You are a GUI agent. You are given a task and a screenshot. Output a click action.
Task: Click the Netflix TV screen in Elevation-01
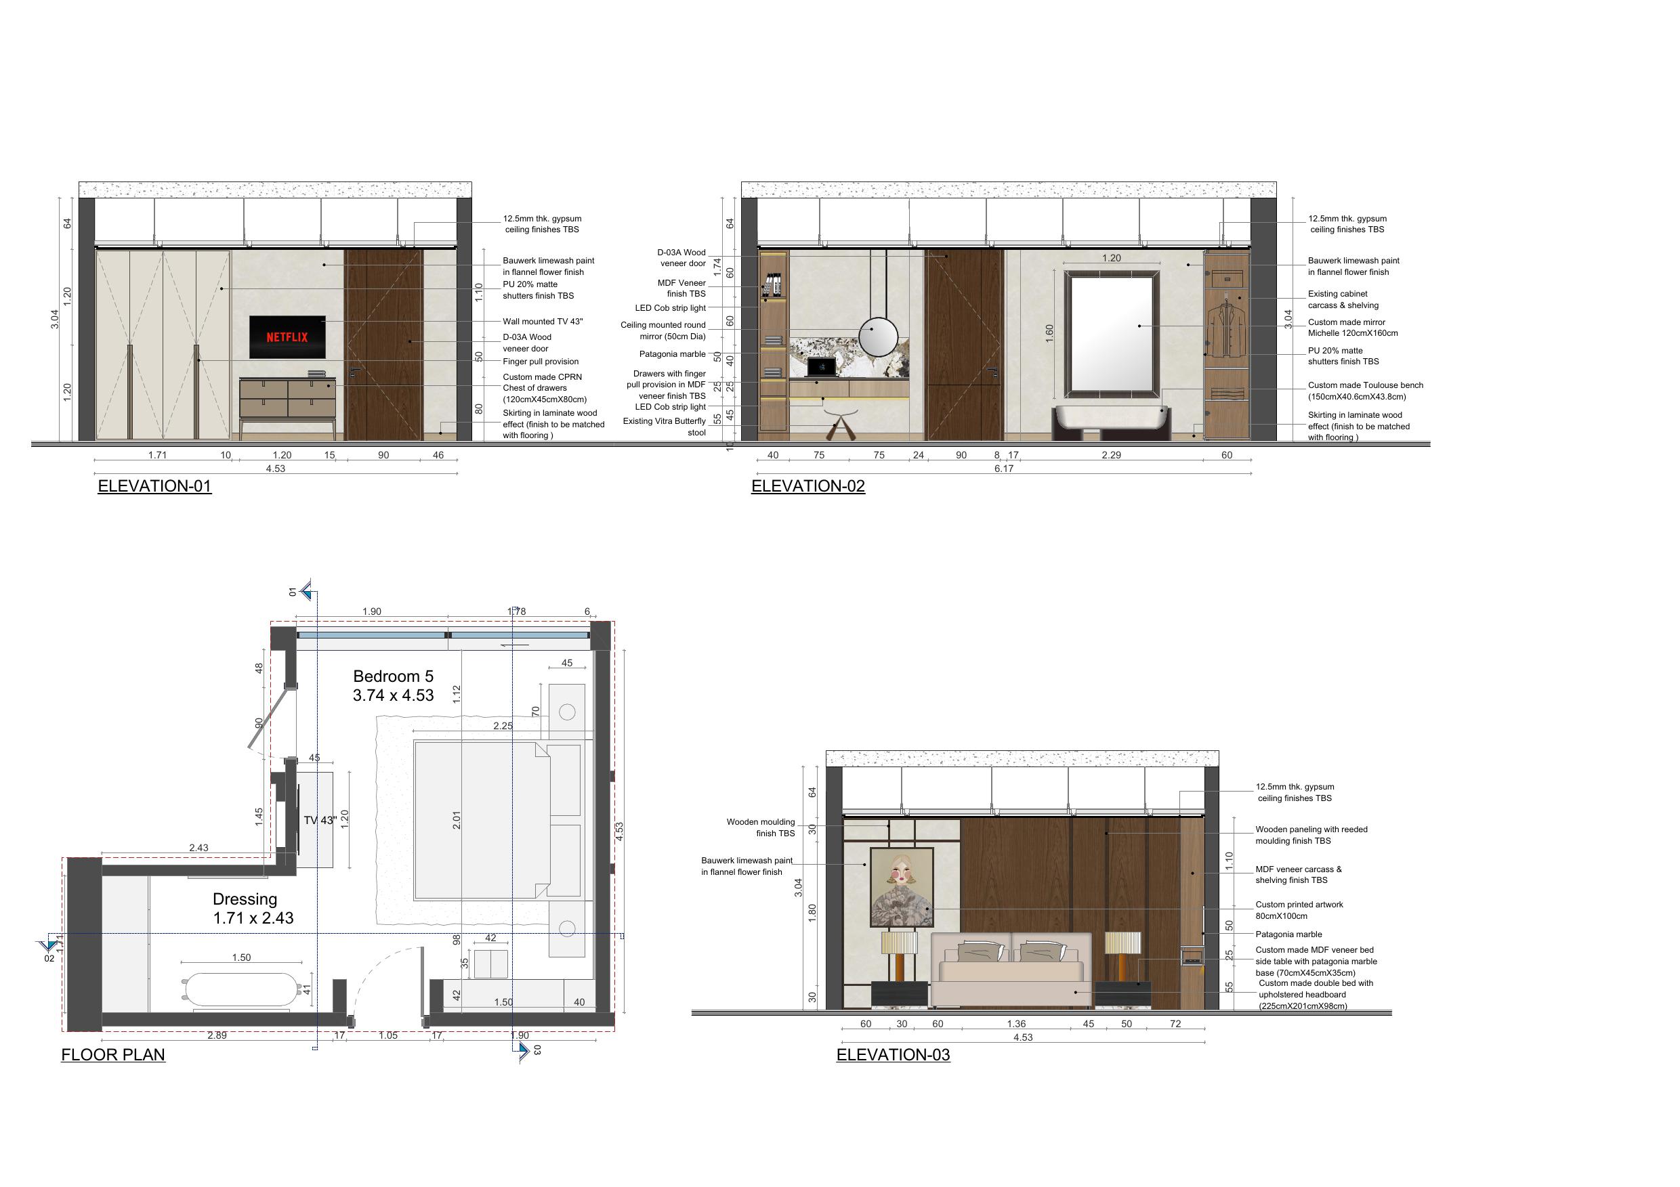click(x=287, y=337)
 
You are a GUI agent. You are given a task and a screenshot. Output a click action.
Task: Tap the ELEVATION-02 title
click(x=807, y=486)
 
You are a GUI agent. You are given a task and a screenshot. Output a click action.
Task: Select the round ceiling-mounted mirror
click(x=878, y=336)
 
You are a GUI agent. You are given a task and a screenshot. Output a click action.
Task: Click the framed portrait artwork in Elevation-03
click(x=902, y=886)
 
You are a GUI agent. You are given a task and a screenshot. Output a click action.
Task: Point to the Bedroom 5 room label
click(x=394, y=686)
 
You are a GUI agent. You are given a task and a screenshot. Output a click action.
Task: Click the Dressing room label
click(x=253, y=908)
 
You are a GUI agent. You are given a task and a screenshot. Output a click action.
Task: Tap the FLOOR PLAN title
click(x=113, y=1055)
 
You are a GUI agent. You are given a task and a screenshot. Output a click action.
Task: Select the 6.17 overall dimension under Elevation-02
click(x=1004, y=469)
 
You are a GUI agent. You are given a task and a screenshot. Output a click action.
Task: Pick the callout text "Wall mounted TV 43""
click(x=543, y=322)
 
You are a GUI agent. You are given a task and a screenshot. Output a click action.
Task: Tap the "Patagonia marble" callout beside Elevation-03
click(x=1288, y=934)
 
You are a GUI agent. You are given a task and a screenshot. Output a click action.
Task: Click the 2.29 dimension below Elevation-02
click(x=1112, y=455)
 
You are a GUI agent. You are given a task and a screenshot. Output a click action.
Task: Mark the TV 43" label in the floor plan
click(x=320, y=821)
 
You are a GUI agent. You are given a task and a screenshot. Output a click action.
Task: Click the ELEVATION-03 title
click(x=894, y=1055)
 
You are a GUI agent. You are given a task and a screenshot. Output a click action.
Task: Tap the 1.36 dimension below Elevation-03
click(x=1016, y=1024)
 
